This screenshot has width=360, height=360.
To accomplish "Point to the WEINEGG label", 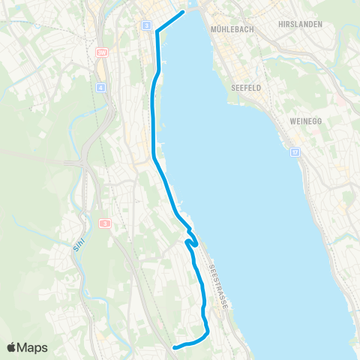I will click(304, 121).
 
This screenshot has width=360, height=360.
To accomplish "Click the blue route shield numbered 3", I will click(145, 25).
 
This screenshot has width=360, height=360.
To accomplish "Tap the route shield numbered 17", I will click(295, 152).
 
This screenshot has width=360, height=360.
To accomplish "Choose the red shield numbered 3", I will click(105, 223).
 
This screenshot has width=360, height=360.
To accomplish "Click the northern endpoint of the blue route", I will click(183, 13).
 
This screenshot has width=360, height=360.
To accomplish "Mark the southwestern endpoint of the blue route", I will click(175, 347).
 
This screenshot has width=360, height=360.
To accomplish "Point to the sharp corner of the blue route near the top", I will click(156, 31).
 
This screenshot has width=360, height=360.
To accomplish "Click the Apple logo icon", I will click(12, 347).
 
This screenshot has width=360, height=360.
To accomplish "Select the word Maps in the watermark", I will click(33, 347).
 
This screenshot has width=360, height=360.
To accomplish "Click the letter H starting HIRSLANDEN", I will click(280, 25).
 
